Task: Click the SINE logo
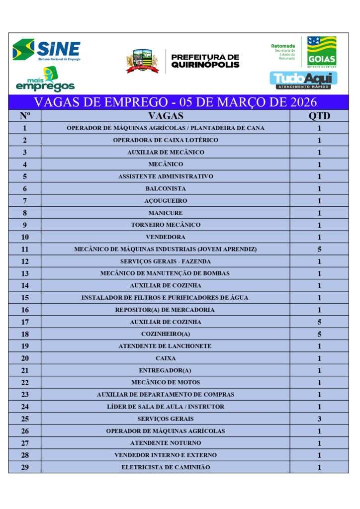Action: click(x=46, y=50)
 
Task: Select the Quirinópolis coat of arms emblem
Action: click(x=142, y=61)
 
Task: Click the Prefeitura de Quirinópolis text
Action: click(x=205, y=61)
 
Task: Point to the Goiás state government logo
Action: click(x=321, y=51)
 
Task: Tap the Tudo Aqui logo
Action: click(x=303, y=80)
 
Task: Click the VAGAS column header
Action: click(x=166, y=116)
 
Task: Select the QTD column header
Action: click(x=319, y=116)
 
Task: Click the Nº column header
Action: click(x=25, y=116)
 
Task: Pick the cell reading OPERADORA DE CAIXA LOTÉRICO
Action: click(x=166, y=140)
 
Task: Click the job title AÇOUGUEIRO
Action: click(x=166, y=201)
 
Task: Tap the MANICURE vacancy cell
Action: click(x=166, y=213)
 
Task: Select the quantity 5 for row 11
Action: click(x=319, y=249)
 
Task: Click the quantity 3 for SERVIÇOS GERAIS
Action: click(x=319, y=419)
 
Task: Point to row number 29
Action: click(x=25, y=467)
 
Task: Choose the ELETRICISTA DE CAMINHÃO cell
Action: click(x=166, y=467)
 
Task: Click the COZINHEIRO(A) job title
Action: click(x=166, y=334)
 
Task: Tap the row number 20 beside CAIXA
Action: click(x=25, y=358)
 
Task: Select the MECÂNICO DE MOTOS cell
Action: click(x=166, y=382)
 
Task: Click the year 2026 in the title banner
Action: click(x=298, y=103)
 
